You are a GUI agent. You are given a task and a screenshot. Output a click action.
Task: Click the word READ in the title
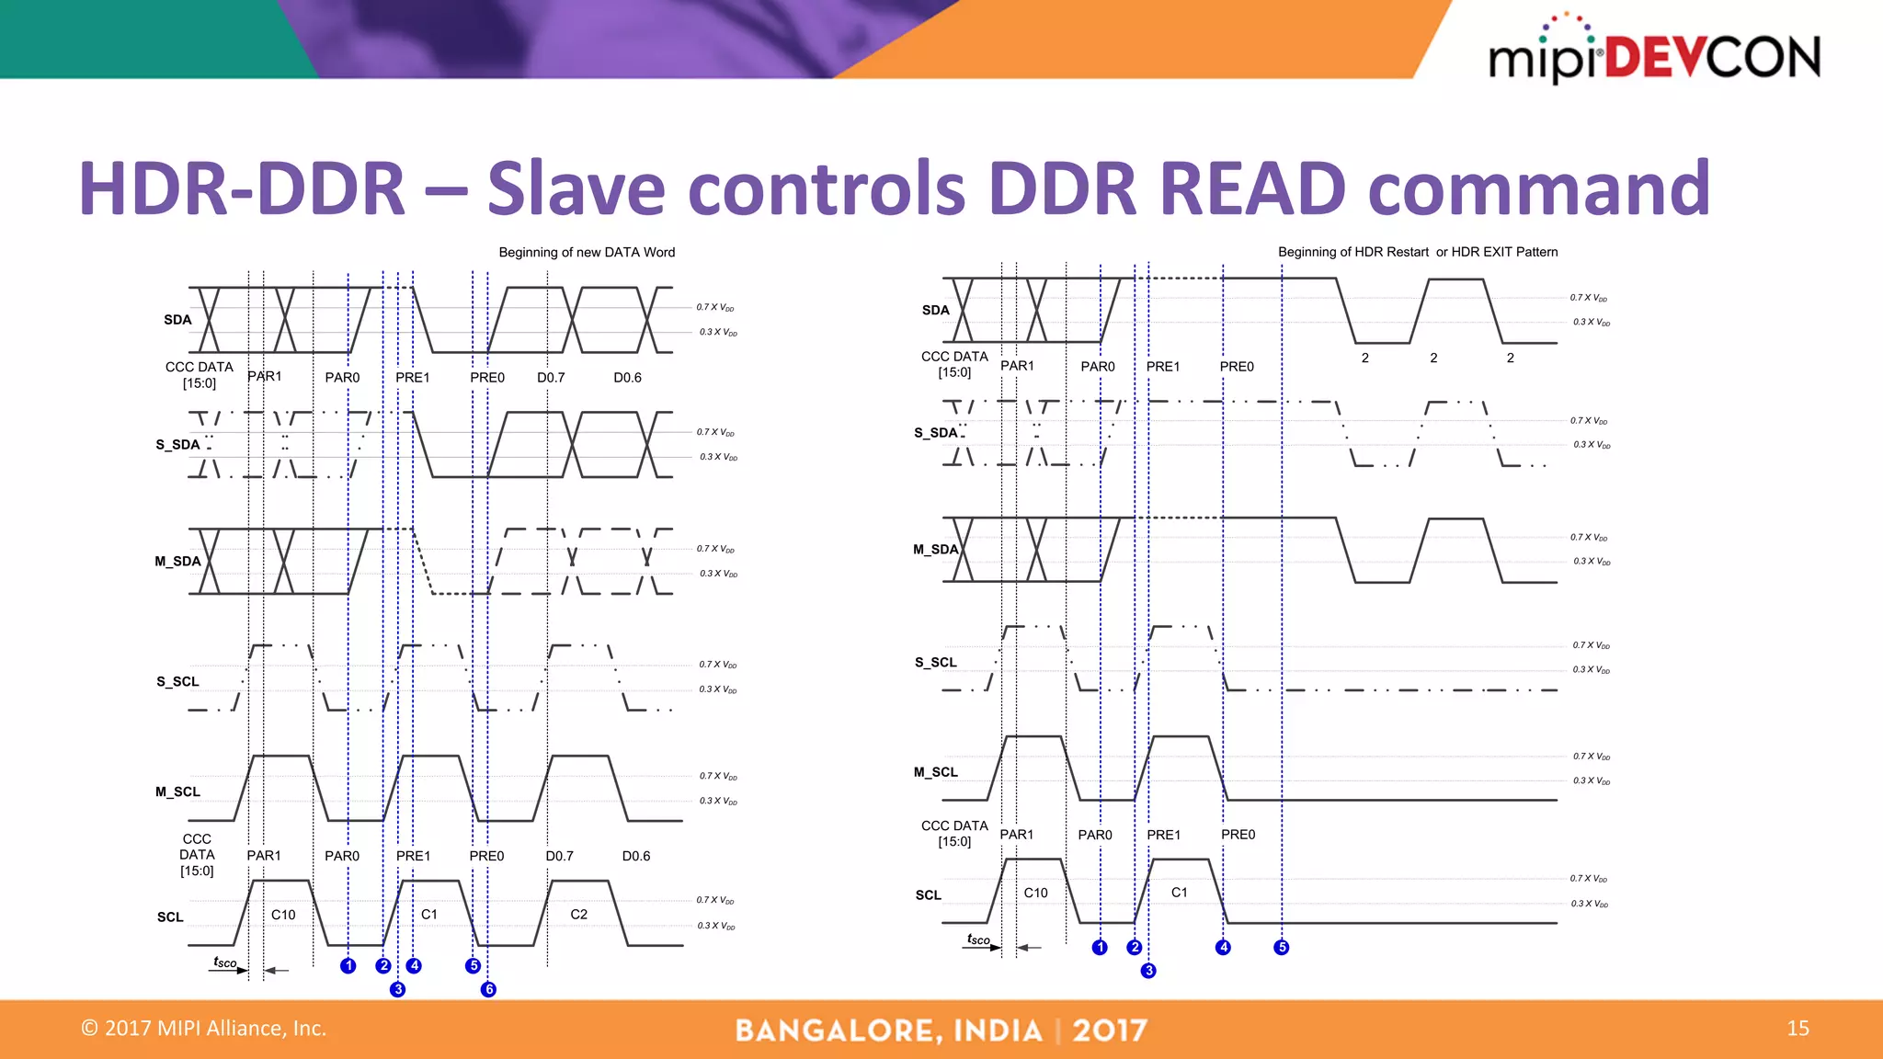click(x=1252, y=188)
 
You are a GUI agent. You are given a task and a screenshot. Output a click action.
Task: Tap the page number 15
click(x=1797, y=1028)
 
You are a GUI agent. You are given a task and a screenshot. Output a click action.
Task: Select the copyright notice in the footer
click(x=203, y=1028)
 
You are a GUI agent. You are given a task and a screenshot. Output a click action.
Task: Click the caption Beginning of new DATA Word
click(x=587, y=252)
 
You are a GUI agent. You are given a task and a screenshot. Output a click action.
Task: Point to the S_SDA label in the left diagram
click(x=177, y=445)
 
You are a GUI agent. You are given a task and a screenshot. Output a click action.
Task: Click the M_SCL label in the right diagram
click(x=935, y=772)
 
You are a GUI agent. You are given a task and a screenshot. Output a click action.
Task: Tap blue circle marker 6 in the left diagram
click(x=488, y=989)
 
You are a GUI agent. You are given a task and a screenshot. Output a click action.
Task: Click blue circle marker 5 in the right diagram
click(x=1281, y=947)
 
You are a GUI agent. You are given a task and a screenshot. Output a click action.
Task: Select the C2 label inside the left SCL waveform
click(x=578, y=914)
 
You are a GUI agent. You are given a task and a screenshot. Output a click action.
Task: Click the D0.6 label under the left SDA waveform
click(x=627, y=378)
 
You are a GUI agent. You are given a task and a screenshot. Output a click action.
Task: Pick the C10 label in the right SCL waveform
click(x=1035, y=893)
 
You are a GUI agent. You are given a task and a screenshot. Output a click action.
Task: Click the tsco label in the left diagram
click(x=224, y=962)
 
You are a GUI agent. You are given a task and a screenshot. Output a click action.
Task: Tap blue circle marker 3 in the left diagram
click(x=397, y=989)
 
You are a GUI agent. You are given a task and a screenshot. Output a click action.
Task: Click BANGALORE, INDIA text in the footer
click(x=888, y=1031)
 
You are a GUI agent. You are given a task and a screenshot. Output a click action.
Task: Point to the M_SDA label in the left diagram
click(x=177, y=561)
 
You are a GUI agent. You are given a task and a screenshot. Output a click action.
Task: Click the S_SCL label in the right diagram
click(x=935, y=662)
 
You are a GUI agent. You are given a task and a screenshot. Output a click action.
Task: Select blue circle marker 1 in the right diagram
click(x=1100, y=947)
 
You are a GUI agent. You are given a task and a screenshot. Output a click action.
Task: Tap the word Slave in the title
click(x=576, y=188)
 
